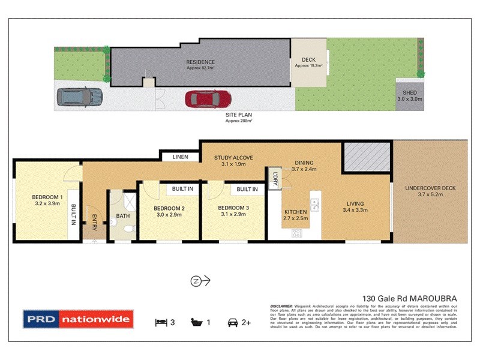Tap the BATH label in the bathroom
(x=123, y=215)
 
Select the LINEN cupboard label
(x=180, y=157)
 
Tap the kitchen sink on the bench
(x=315, y=205)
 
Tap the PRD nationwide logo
(x=77, y=320)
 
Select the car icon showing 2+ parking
(x=232, y=322)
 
